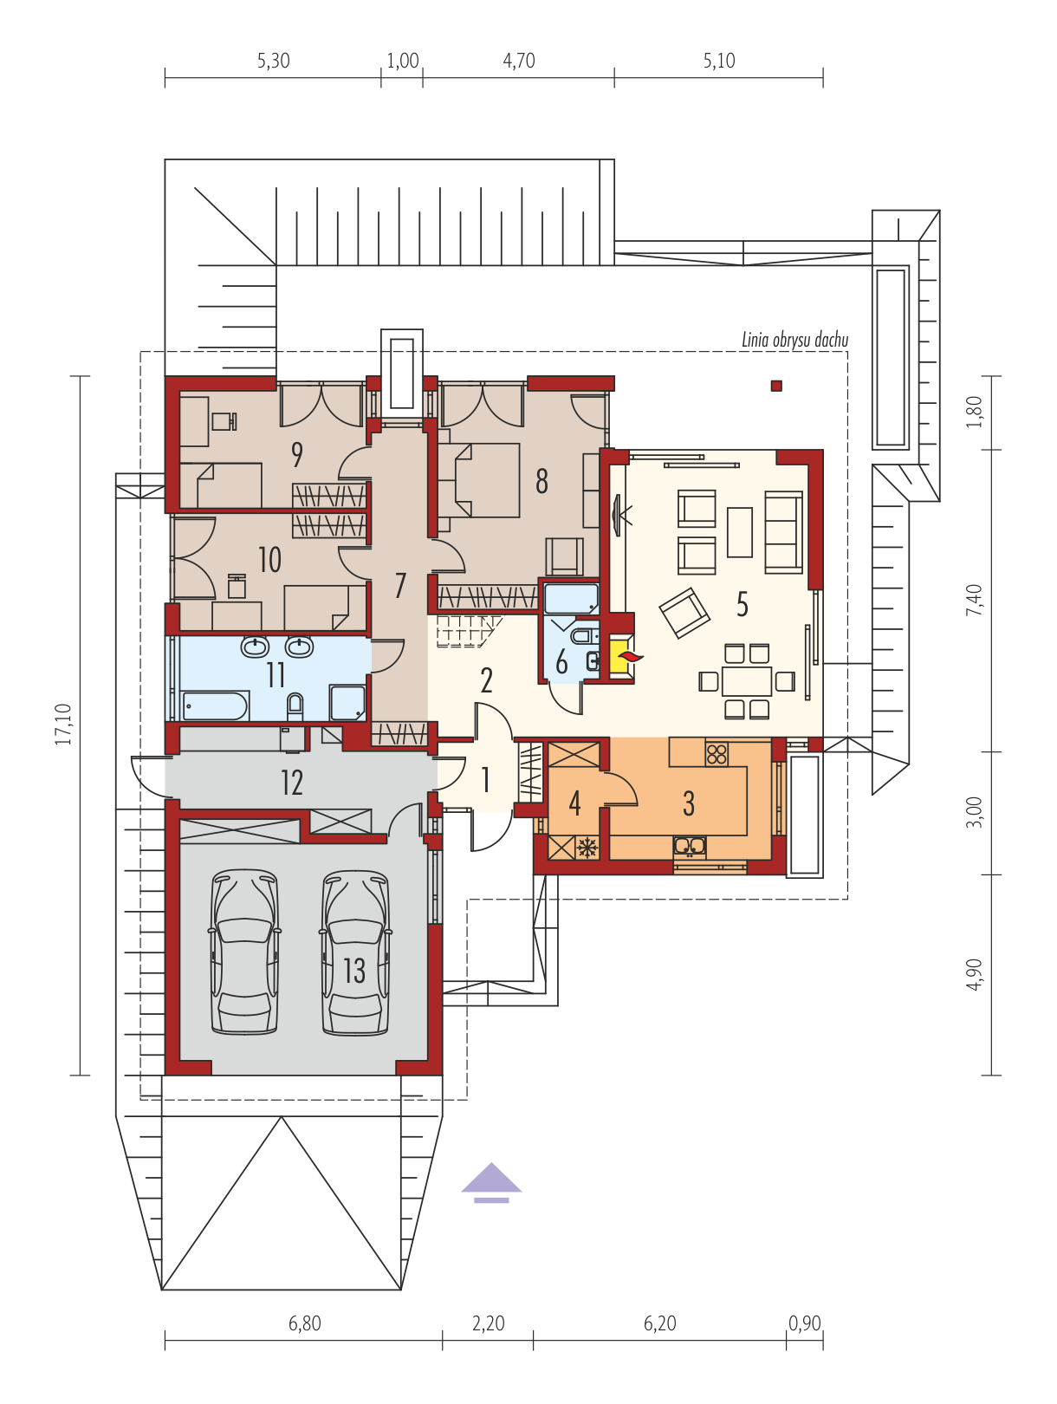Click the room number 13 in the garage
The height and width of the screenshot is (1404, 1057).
353,971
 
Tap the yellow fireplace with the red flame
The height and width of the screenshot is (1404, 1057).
621,656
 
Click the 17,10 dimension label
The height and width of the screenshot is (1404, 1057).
62,724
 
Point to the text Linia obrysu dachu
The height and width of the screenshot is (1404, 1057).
794,340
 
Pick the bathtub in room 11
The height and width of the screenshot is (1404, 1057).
216,705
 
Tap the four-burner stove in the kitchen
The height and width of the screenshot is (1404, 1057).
717,753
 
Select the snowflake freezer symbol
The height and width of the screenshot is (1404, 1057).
586,848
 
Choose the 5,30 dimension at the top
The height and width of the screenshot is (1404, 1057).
273,61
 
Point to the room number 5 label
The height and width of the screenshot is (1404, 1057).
742,604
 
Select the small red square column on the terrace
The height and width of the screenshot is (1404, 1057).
776,386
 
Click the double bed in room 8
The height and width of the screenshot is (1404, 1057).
486,480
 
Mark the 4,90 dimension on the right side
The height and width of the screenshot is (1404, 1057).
974,975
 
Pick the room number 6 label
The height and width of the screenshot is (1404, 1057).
561,662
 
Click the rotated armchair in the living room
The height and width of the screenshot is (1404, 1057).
684,613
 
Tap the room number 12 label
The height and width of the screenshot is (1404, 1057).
292,783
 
